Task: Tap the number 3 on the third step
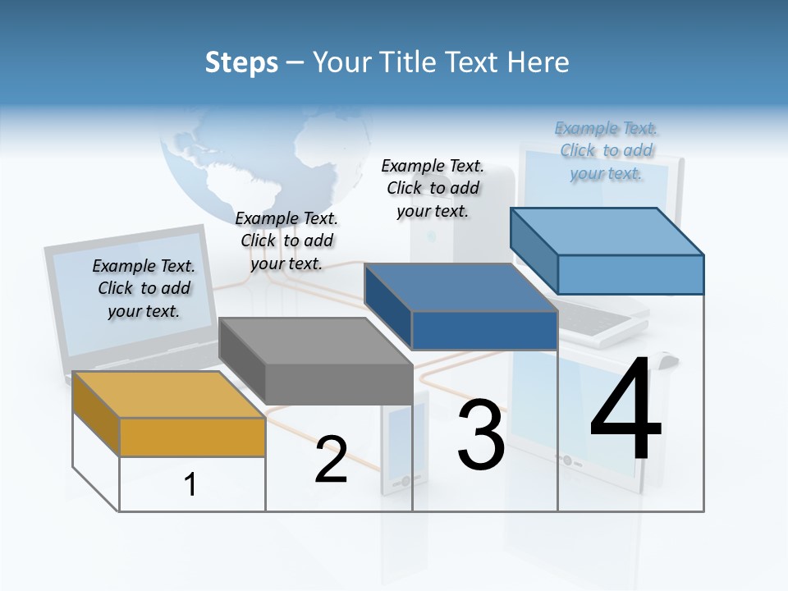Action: tap(481, 435)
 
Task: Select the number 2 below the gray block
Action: tap(331, 460)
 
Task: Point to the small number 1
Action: tap(190, 485)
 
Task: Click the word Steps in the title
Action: tap(241, 62)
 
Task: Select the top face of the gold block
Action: tap(168, 394)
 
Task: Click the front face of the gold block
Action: tap(192, 437)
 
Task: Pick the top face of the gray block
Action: tap(315, 341)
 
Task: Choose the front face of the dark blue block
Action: tap(484, 331)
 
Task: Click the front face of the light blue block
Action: tap(630, 274)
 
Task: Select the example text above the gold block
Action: tap(144, 288)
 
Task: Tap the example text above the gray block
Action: tap(286, 241)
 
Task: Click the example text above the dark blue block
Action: tap(433, 188)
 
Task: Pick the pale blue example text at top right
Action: tap(607, 150)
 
